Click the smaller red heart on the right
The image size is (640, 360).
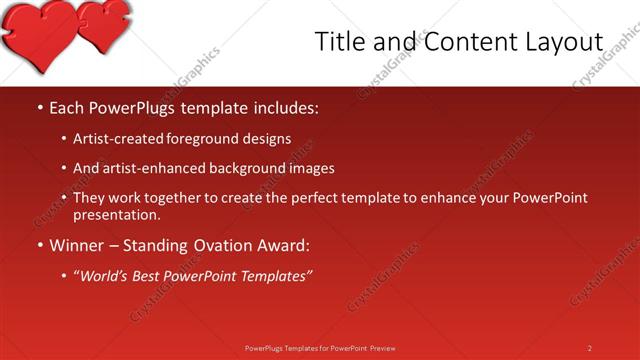pyautogui.click(x=105, y=25)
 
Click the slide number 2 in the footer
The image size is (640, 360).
pyautogui.click(x=590, y=348)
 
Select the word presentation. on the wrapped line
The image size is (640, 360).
pyautogui.click(x=117, y=214)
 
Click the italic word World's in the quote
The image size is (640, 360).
pyautogui.click(x=105, y=276)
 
